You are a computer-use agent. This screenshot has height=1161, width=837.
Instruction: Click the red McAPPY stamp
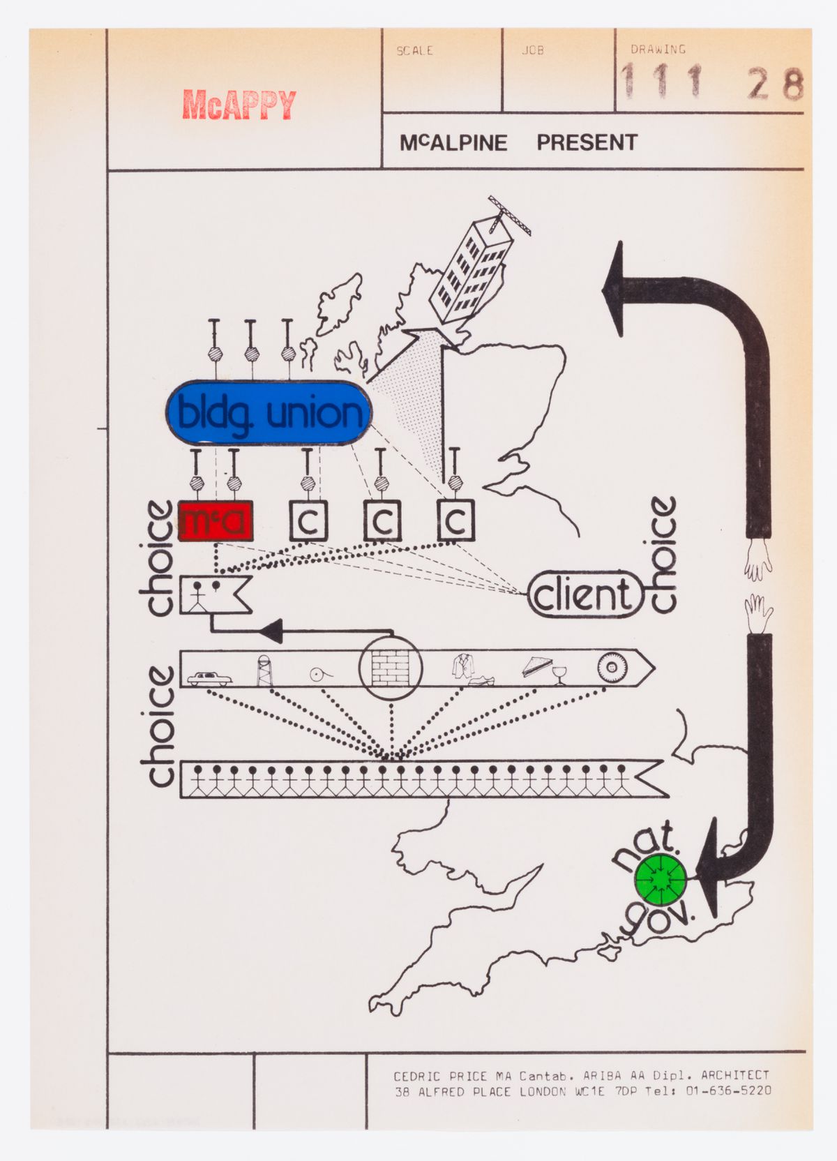point(239,105)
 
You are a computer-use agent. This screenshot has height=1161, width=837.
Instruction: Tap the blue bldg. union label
point(269,413)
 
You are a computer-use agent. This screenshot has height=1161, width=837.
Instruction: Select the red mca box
point(215,521)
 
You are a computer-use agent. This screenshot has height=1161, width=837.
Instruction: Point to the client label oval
point(583,595)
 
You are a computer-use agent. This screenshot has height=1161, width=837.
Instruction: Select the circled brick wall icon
point(391,668)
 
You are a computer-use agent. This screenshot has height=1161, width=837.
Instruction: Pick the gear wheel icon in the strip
point(612,668)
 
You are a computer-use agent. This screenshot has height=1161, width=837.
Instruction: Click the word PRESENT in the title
point(587,143)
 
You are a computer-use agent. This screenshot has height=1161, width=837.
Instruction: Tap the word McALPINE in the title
point(453,143)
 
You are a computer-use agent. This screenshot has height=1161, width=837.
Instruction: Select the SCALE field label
point(414,51)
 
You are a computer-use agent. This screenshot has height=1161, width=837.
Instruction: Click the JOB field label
point(533,51)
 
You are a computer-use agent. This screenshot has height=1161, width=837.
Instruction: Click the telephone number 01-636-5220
point(728,1091)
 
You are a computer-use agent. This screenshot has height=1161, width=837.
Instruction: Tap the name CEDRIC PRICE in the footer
point(439,1076)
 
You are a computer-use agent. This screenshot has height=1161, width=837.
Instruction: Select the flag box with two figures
point(214,594)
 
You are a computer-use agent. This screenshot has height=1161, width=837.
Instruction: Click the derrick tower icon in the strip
point(264,671)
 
